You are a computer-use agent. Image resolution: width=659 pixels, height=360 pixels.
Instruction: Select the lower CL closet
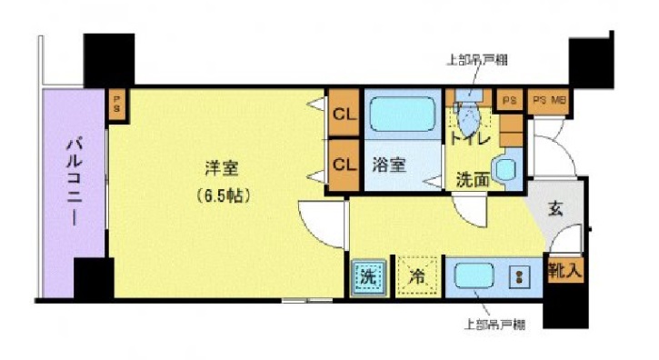coord(344,165)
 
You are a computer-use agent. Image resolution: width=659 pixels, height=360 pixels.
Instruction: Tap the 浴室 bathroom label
coord(389,165)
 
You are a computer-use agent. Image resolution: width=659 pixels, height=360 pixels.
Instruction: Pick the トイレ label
coord(470,139)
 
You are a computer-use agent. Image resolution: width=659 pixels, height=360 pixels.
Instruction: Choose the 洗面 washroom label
coord(473,180)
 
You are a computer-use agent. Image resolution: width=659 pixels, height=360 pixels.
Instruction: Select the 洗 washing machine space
coord(367,276)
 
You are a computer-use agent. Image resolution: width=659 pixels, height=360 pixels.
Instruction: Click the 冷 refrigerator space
coord(415,276)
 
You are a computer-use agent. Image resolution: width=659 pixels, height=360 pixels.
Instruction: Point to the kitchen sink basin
coord(473,276)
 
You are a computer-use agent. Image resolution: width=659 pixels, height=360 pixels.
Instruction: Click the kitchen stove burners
coord(520,276)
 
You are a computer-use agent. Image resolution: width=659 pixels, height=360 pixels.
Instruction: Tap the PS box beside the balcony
coord(117,103)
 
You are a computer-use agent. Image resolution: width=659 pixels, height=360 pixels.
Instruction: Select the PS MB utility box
coord(548,99)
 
